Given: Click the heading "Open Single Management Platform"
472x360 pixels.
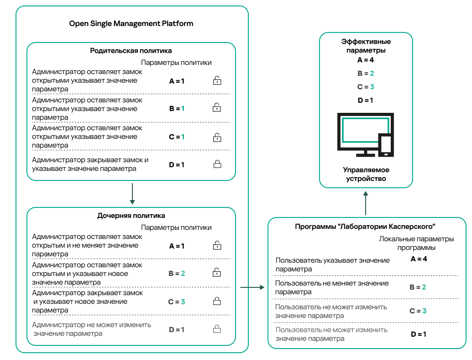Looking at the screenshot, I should tap(131, 24).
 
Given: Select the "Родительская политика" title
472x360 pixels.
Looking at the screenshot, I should tap(131, 51).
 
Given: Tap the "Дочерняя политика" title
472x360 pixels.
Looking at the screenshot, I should tap(131, 215).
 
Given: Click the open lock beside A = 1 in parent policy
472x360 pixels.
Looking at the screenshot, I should tap(217, 81).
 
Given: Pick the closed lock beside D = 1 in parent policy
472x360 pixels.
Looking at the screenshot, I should tap(217, 164).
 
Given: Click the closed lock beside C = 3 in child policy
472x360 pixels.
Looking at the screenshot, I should tap(217, 301).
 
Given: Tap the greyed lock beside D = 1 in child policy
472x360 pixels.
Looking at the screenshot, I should tap(217, 329).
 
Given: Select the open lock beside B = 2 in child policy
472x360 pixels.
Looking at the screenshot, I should tap(217, 273).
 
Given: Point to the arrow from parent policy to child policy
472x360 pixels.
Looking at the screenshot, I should tap(131, 194).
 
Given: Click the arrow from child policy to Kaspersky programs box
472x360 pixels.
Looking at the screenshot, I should tap(252, 287).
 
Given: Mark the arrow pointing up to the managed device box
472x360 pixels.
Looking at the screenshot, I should tap(366, 203).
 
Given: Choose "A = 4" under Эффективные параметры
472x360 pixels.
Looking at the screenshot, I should tap(366, 60).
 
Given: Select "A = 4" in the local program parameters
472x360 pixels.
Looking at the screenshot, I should tap(418, 259).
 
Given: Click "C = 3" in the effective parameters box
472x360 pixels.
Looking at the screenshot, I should tap(366, 87).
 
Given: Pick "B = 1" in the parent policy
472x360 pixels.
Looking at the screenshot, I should tap(177, 109).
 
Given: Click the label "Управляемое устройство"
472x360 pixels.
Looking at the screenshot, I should tap(366, 174).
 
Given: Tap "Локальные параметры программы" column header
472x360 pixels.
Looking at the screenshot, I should tap(416, 243).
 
